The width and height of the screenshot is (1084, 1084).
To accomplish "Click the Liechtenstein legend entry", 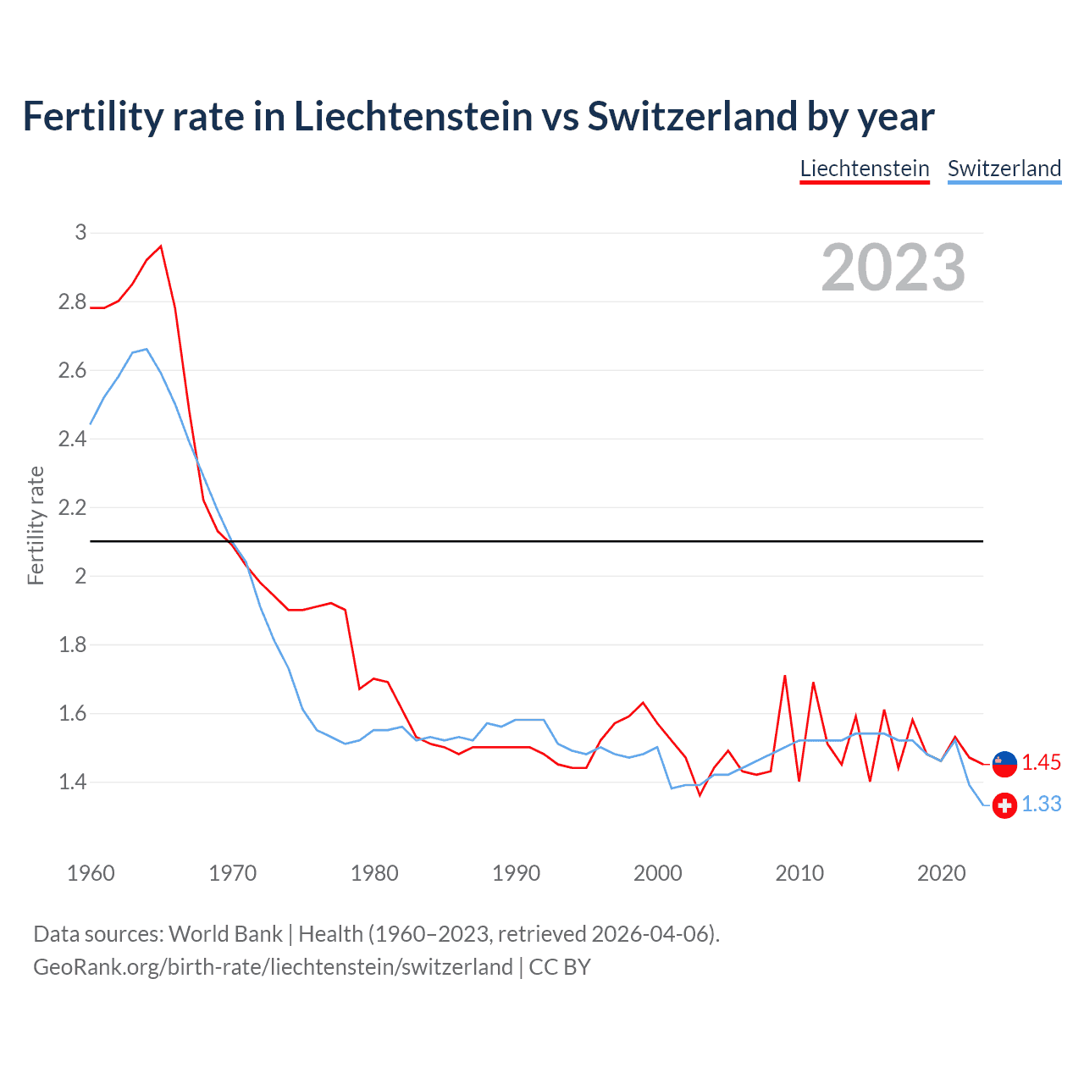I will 865,169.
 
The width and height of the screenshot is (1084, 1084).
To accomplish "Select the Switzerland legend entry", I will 1004,169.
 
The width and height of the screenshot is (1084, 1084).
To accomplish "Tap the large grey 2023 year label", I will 893,268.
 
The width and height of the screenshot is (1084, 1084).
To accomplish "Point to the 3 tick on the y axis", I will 80,232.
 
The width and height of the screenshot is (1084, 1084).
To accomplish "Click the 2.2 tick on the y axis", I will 72,507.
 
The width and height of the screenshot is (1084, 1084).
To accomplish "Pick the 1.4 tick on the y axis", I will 72,782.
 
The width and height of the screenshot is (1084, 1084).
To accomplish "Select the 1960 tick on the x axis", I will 91,873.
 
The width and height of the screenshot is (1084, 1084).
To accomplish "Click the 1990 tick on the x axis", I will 516,873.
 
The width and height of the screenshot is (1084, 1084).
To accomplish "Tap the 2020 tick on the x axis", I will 941,873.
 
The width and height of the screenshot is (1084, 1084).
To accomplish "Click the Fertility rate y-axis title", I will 36,525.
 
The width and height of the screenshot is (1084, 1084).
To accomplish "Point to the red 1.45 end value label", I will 1041,762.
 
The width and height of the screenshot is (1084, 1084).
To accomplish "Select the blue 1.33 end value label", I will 1041,804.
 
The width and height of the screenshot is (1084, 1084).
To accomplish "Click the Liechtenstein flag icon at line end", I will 1004,763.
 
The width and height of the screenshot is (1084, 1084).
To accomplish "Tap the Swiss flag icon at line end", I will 1004,805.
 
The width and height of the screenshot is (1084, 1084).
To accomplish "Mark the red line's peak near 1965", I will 161,246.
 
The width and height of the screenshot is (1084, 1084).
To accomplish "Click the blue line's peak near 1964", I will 147,349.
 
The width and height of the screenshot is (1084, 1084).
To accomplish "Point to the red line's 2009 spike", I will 785,676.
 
